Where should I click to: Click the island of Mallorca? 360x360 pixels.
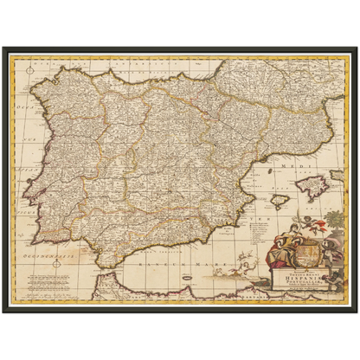click(308, 183)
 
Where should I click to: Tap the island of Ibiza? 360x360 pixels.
click(279, 201)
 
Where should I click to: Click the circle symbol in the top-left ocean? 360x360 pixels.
click(29, 66)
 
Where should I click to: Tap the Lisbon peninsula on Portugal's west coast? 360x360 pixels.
click(27, 192)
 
